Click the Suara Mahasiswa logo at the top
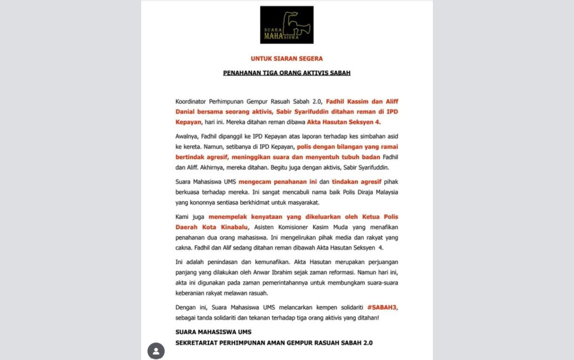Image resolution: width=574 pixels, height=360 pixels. (287, 25)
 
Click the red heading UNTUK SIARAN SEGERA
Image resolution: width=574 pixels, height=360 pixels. (287, 59)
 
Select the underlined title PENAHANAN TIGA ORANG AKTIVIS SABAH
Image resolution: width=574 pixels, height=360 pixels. (287, 73)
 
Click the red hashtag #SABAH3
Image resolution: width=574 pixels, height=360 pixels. (382, 307)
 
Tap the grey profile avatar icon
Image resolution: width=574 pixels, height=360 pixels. (156, 351)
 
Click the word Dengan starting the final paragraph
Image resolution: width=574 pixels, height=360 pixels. (185, 307)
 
